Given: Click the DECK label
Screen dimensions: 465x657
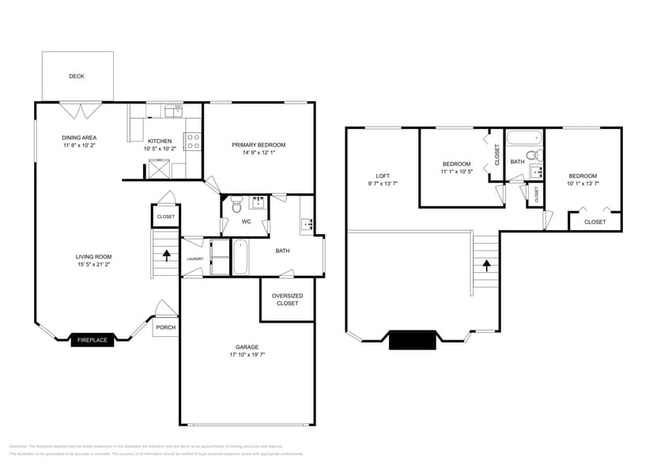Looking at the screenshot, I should click(77, 77).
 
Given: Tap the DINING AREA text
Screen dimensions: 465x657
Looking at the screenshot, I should click(79, 138).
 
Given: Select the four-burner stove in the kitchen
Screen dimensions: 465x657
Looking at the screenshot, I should click(193, 142).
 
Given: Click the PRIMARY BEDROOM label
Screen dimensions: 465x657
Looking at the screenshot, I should click(259, 145).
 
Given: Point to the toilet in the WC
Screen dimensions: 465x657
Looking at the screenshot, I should click(236, 206).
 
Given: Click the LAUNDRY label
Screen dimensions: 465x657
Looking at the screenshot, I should click(195, 259).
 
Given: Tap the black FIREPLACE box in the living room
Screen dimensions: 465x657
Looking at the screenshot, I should click(93, 340).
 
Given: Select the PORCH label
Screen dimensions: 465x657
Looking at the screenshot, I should click(166, 327).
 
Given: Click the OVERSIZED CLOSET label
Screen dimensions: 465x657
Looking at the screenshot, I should click(287, 299).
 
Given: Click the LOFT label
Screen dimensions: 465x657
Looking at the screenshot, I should click(383, 176).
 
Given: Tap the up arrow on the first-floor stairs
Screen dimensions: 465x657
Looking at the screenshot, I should click(167, 255).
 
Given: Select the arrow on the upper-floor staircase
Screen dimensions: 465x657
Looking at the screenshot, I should click(486, 265).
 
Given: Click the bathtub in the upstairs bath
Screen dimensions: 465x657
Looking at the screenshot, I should click(523, 138).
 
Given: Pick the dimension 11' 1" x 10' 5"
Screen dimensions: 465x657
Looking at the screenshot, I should click(456, 172).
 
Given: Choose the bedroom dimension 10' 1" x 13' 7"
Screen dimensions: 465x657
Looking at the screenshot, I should click(583, 183).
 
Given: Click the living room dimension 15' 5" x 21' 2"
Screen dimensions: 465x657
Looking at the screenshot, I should click(94, 264).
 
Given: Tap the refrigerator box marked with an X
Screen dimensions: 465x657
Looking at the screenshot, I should click(160, 168).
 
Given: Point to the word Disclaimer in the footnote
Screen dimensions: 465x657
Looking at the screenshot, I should click(19, 447).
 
